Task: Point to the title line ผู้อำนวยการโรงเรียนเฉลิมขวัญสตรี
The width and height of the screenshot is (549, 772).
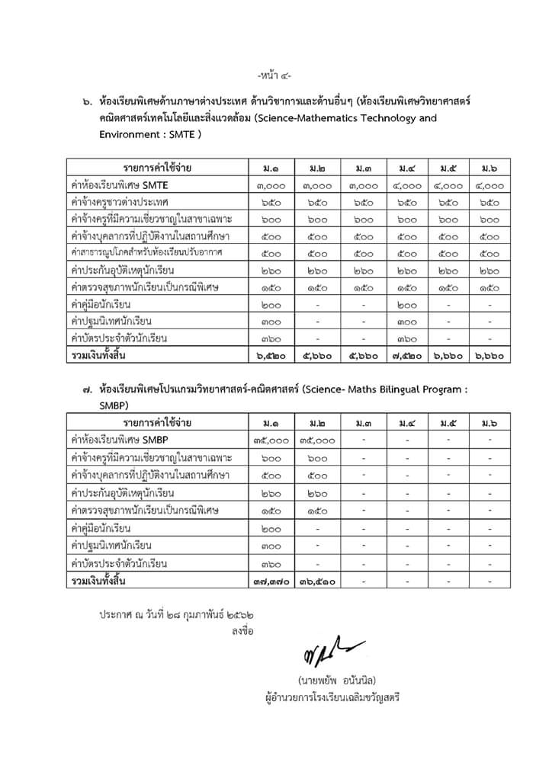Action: click(x=329, y=697)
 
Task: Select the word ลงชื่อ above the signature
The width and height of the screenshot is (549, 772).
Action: click(x=243, y=631)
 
